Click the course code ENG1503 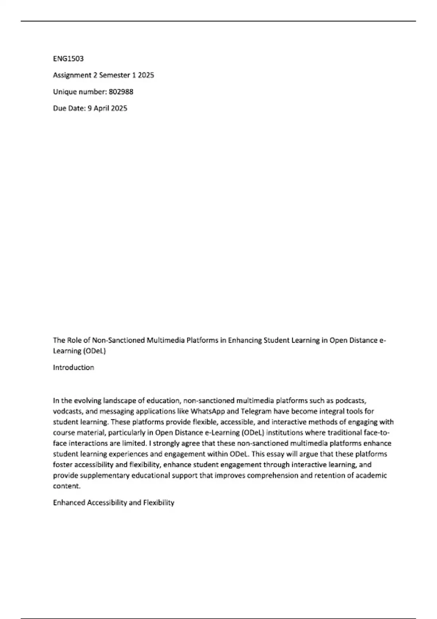(68, 59)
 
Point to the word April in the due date (102, 109)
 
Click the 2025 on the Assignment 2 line (146, 75)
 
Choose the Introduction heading (74, 367)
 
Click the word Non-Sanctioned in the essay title (118, 340)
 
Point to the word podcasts (350, 401)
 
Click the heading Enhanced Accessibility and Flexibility (114, 503)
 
